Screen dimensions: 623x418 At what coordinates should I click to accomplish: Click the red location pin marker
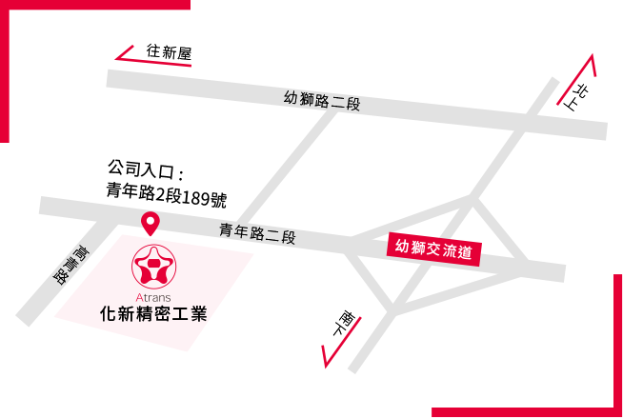click(x=151, y=224)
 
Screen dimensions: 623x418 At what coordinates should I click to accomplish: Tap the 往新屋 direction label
click(x=169, y=52)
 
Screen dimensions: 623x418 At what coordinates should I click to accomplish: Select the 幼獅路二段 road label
click(x=322, y=100)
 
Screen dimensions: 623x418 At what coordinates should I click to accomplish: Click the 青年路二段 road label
click(x=257, y=233)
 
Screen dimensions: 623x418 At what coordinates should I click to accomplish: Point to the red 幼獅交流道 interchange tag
click(x=433, y=249)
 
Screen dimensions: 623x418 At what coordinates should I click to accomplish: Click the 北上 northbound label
click(x=577, y=97)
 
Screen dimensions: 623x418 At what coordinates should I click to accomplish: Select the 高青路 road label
click(x=71, y=265)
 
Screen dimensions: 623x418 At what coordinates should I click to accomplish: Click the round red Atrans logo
click(x=153, y=267)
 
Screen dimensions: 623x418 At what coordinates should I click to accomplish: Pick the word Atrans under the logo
click(x=153, y=297)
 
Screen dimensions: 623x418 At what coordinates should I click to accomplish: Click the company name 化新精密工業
click(x=153, y=313)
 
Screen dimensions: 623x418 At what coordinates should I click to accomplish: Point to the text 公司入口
click(x=141, y=169)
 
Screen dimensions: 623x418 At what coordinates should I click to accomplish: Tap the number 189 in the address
click(x=196, y=197)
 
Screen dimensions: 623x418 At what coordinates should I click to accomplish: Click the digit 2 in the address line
click(x=160, y=194)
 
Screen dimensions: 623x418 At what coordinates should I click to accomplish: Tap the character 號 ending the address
click(x=218, y=199)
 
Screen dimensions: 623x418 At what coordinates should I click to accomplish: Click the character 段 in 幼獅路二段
click(x=352, y=105)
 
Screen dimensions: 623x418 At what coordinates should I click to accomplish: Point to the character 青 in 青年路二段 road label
click(x=227, y=229)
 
